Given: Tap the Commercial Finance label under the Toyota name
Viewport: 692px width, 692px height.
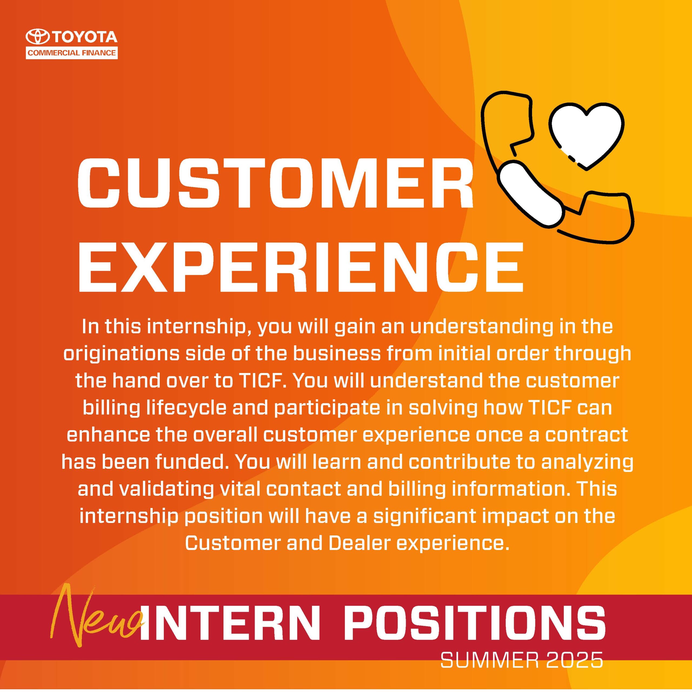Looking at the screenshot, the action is (72, 53).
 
